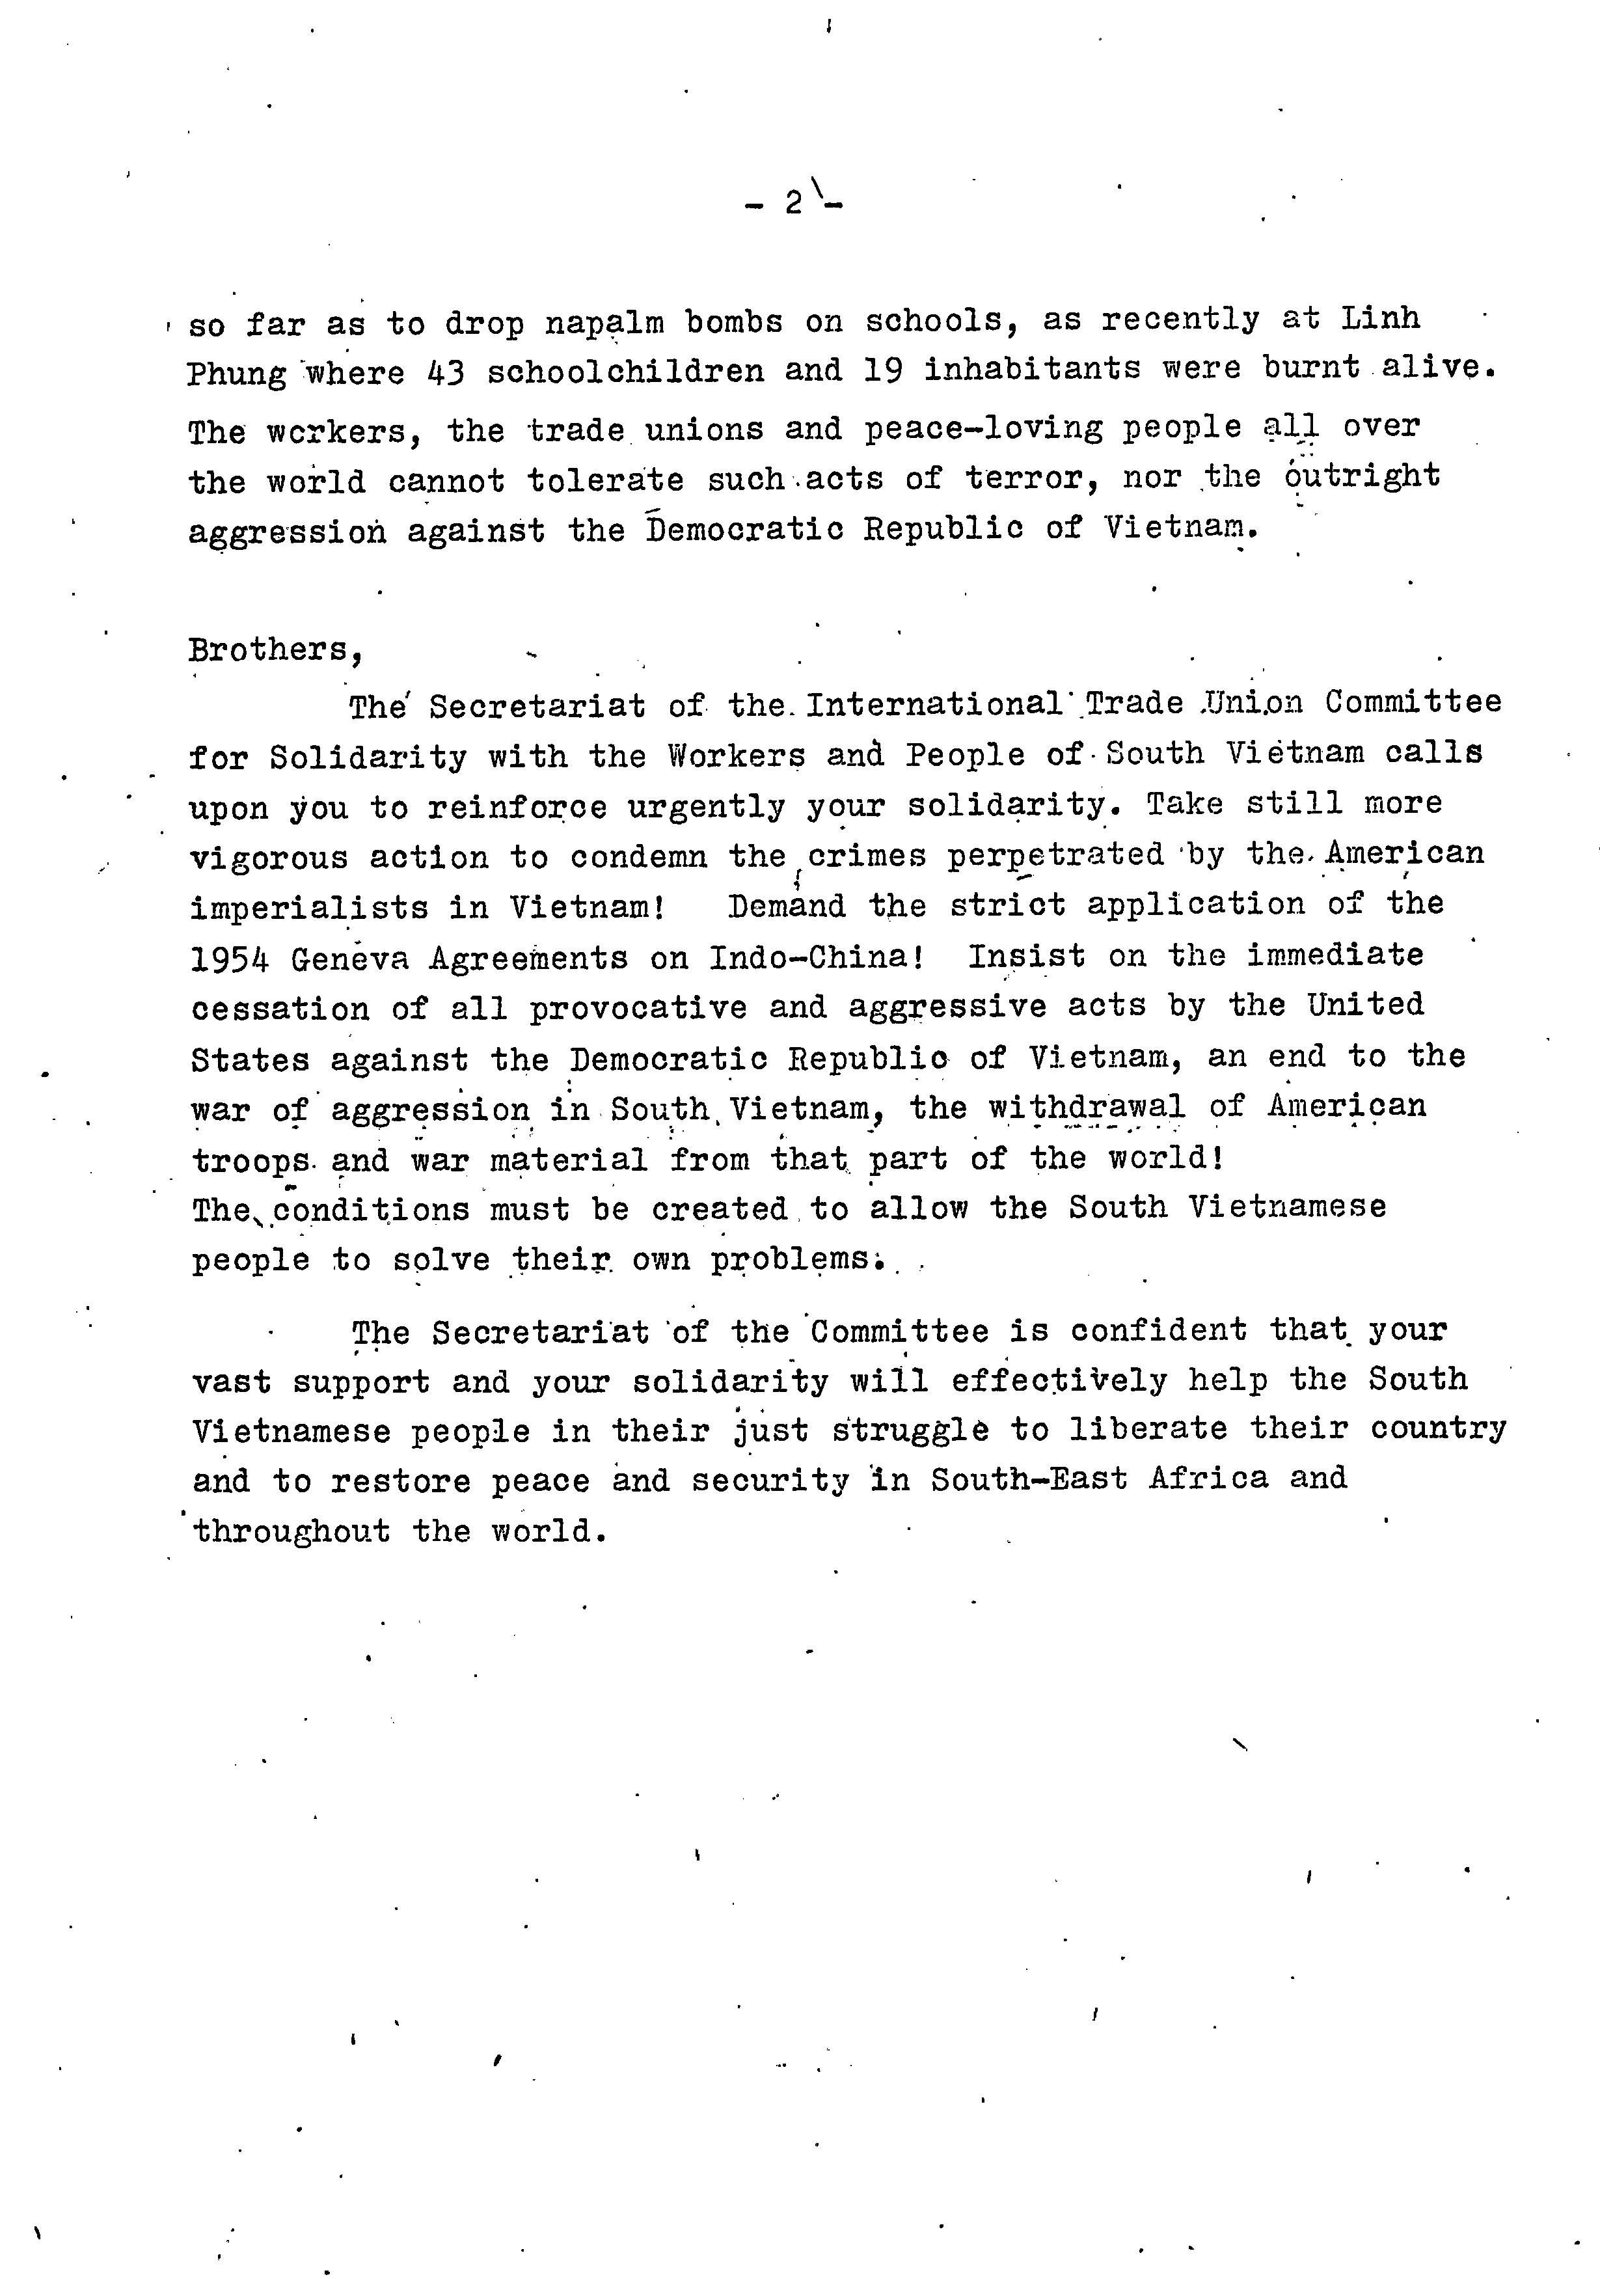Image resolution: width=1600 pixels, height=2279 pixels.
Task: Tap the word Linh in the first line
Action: [x=1381, y=319]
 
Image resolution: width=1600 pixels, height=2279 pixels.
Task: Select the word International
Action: [x=934, y=703]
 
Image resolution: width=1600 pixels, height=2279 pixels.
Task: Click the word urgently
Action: [x=706, y=807]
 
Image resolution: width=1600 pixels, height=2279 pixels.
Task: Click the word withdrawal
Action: [x=1086, y=1107]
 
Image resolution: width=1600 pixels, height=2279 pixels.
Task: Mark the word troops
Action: [x=251, y=1160]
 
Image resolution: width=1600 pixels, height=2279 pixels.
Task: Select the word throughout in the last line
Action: [x=292, y=1531]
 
